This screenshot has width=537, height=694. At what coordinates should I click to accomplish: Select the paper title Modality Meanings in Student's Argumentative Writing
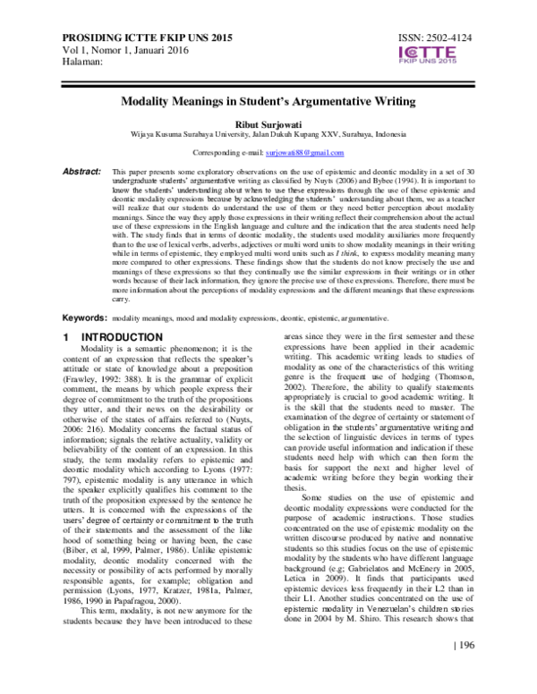(268, 102)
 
